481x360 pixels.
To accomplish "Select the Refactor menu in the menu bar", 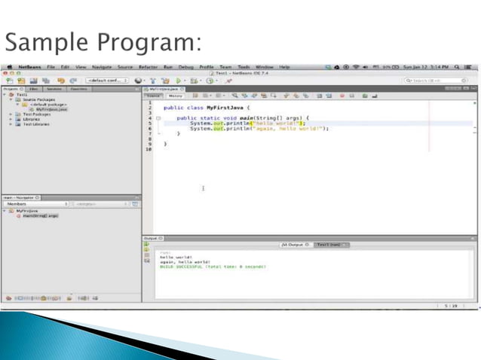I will (149, 67).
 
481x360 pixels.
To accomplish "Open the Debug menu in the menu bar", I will (186, 67).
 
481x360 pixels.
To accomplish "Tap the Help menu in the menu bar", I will (284, 67).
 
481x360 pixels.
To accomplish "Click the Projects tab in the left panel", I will (11, 88).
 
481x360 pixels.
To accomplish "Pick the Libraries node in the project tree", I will (31, 118).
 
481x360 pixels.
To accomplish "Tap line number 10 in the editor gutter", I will (149, 149).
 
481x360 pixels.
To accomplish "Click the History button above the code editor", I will (175, 96).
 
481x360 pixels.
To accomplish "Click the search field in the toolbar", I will (436, 80).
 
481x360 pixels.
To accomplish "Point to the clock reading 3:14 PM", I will (448, 67).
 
